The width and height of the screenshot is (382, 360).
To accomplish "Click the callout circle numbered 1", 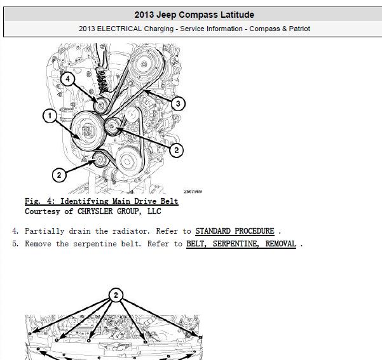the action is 50,116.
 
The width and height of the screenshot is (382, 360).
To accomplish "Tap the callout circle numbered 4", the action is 67,79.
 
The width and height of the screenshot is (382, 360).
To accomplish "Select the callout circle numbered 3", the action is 178,103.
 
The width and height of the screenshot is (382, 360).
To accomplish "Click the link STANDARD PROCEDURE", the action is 235,230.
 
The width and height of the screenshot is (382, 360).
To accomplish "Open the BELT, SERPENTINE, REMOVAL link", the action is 241,244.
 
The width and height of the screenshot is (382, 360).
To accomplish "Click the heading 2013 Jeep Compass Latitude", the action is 194,15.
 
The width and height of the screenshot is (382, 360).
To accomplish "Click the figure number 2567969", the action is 193,192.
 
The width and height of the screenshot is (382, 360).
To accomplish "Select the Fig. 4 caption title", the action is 102,201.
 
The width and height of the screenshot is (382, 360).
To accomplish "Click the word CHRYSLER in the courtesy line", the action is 95,211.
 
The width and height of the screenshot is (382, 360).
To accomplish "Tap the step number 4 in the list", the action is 15,230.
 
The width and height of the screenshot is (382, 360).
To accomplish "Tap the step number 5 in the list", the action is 15,244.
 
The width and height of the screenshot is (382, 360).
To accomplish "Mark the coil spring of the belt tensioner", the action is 102,80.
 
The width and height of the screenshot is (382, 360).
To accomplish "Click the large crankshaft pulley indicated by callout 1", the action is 89,131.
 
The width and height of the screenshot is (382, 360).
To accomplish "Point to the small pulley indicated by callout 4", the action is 101,106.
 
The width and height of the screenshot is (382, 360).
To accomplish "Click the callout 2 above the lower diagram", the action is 116,295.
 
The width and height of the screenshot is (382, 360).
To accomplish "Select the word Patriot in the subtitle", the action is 299,29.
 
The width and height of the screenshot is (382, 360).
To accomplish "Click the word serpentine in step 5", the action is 95,244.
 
